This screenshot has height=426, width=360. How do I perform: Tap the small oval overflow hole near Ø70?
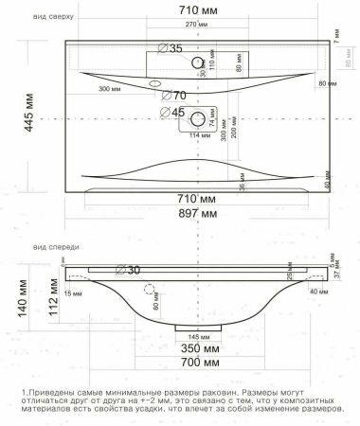[x=153, y=85]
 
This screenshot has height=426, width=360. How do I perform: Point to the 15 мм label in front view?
[x=75, y=293]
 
